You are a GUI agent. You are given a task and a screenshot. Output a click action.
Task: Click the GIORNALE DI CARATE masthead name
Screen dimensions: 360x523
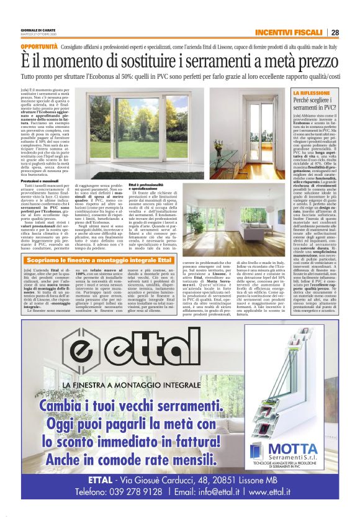(40, 30)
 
